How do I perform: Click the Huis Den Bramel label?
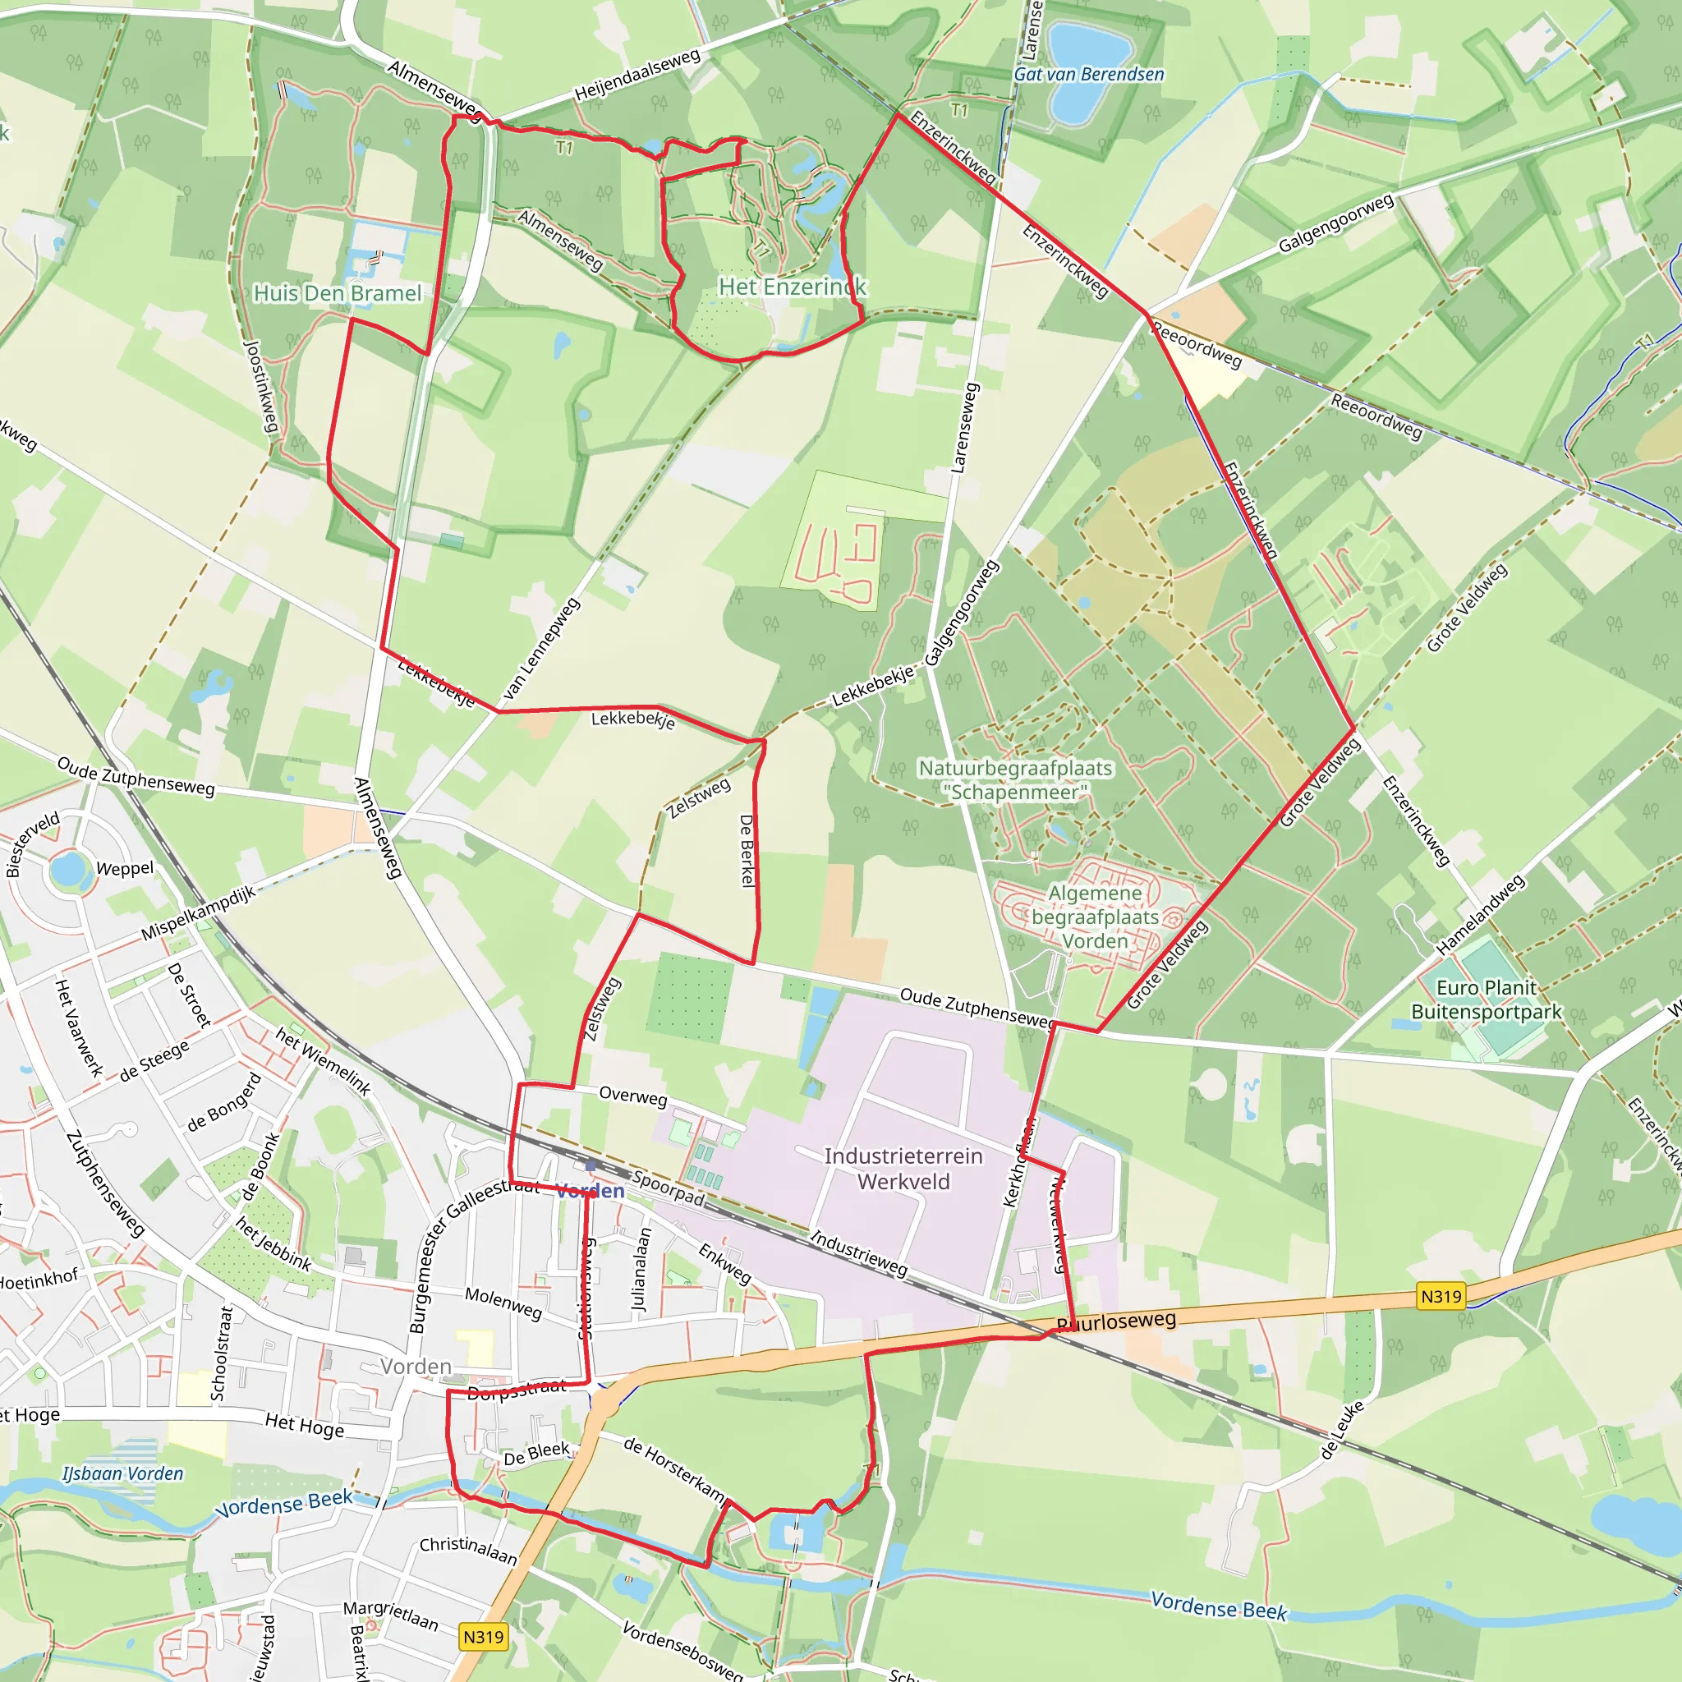click(337, 293)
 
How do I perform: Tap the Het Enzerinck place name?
click(793, 287)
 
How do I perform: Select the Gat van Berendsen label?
click(1088, 75)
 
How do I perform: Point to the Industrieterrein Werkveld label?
click(903, 1169)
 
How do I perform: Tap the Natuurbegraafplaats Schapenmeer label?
click(1015, 780)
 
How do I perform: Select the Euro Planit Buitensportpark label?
click(1486, 1000)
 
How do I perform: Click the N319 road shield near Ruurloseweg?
click(1441, 1296)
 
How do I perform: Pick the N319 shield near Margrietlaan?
click(483, 1637)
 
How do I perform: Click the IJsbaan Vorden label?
click(122, 1474)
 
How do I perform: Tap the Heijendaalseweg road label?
click(637, 76)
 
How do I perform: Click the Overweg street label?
click(633, 1096)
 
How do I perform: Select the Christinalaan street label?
click(468, 1551)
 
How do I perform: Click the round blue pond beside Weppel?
click(69, 869)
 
